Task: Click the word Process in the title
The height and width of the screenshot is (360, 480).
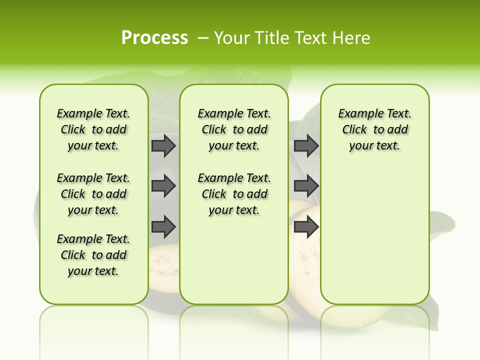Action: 154,37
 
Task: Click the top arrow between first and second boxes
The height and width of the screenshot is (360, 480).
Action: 163,145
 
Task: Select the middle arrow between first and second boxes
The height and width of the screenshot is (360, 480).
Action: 163,186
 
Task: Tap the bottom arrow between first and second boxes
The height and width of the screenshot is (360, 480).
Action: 163,226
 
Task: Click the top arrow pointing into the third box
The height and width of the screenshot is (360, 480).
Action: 306,145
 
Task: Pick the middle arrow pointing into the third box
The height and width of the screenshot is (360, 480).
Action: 306,186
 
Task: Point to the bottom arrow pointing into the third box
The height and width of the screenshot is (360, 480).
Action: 306,226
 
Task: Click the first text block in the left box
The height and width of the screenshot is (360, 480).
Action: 93,129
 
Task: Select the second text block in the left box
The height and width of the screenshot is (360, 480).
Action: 93,194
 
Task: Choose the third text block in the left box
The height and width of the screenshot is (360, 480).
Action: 93,255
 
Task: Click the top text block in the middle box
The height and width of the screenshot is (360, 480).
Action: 234,129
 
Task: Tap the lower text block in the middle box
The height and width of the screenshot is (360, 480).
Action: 234,194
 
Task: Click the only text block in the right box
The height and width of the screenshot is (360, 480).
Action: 374,129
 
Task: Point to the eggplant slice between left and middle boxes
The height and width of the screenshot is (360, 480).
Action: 164,265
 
